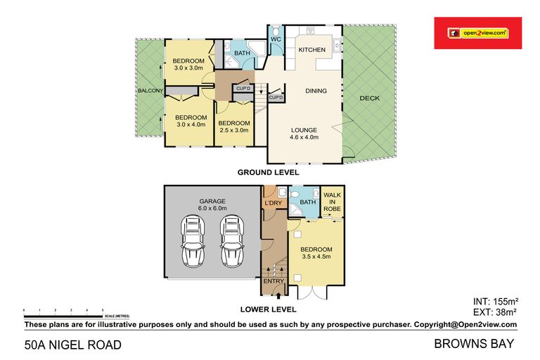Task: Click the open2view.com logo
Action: point(478,32)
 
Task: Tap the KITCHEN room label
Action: point(311,50)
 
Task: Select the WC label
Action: point(276,39)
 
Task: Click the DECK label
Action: point(369,98)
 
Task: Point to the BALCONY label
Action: point(150,91)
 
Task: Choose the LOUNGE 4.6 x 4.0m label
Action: point(305,134)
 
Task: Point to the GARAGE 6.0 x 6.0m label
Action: point(211,205)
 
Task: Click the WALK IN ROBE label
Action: point(331,202)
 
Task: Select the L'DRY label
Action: point(273,204)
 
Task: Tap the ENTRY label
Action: point(274,281)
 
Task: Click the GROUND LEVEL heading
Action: point(268,172)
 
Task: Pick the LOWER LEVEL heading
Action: point(268,309)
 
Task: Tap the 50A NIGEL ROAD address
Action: point(73,345)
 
